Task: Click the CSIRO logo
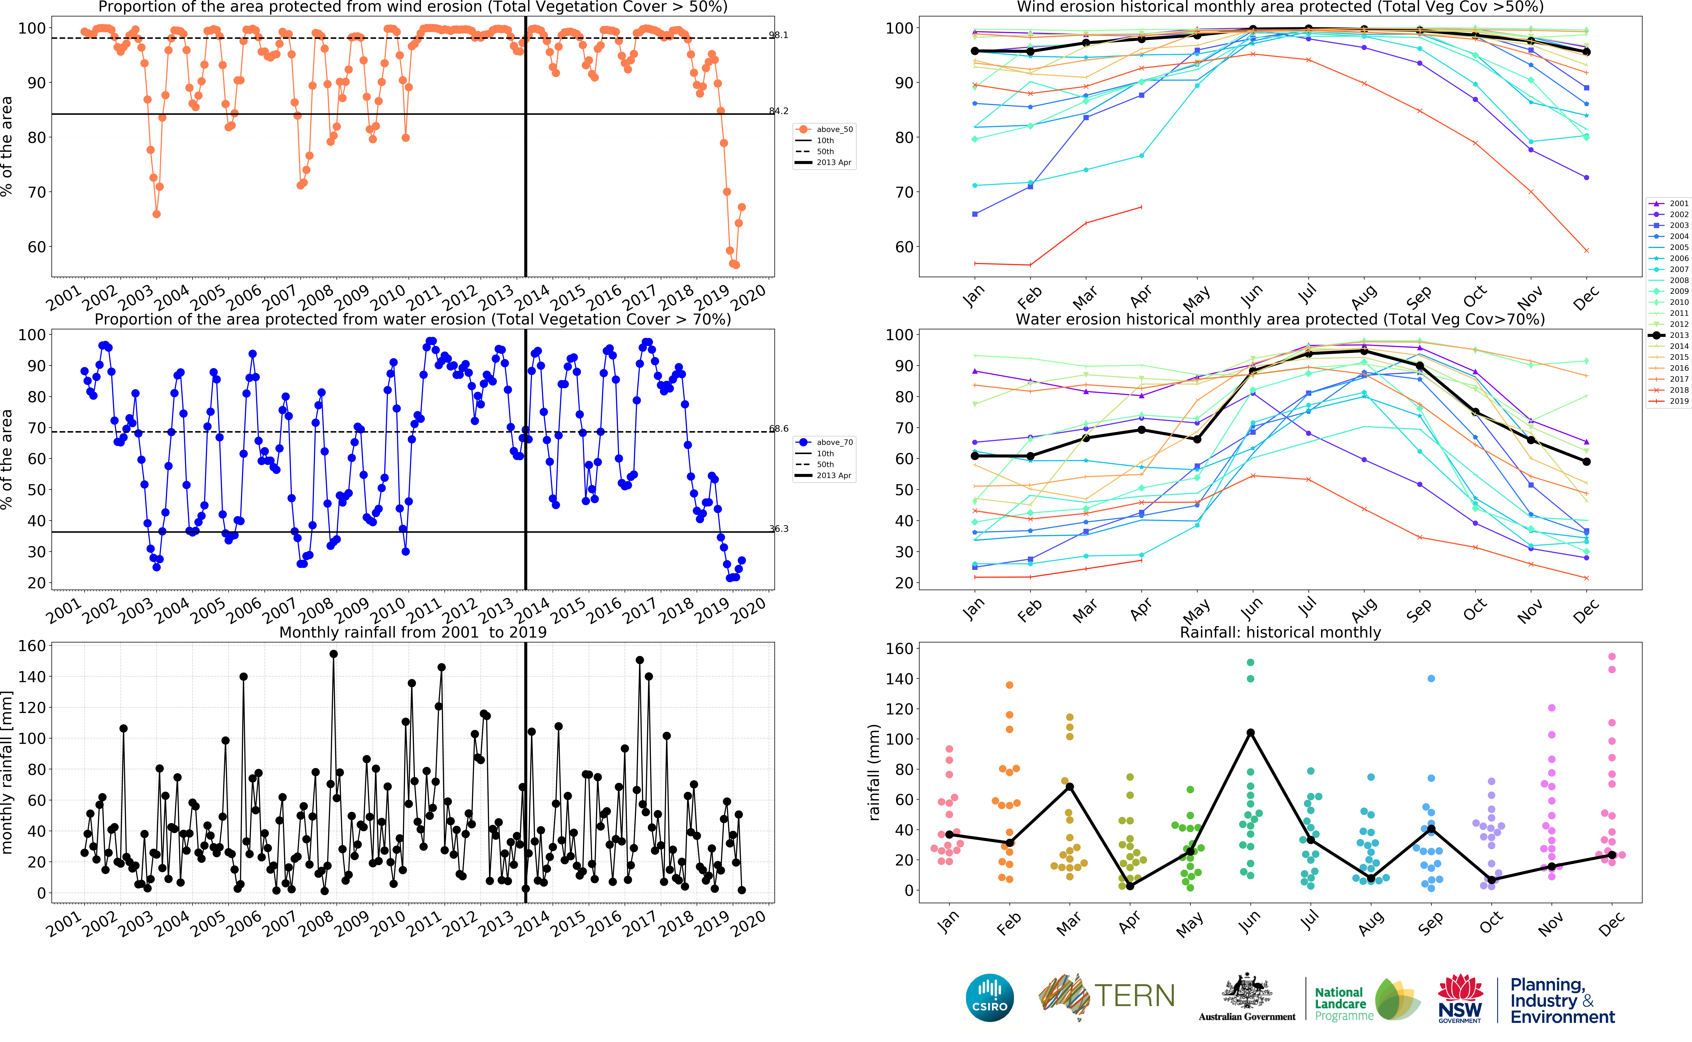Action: tap(990, 997)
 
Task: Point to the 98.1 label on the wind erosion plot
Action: tap(779, 35)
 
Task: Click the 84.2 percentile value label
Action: tap(779, 111)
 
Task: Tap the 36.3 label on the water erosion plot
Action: tap(779, 529)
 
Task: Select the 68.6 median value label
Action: tap(779, 429)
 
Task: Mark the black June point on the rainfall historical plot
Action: tap(1250, 733)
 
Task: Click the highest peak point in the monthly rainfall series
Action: tap(334, 654)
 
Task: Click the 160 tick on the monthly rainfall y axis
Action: tap(32, 646)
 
